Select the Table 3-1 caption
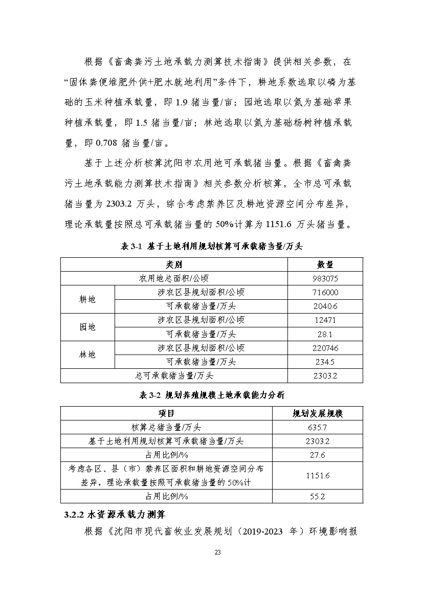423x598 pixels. [x=212, y=246]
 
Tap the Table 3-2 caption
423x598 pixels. [x=212, y=395]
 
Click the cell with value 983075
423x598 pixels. [x=325, y=279]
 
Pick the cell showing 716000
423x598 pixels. [x=325, y=293]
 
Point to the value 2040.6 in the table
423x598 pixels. [x=325, y=306]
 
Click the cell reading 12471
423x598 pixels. [x=325, y=320]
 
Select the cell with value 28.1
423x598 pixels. [x=325, y=334]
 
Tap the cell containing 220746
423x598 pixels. [x=325, y=348]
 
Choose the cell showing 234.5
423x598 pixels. [x=325, y=362]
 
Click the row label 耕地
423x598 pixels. [x=87, y=299]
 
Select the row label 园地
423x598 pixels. [x=87, y=327]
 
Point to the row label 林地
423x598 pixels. [x=87, y=355]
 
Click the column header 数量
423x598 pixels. [x=325, y=264]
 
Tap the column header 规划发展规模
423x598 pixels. [x=318, y=413]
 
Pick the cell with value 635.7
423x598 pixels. [x=318, y=427]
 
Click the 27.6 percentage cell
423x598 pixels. [x=318, y=455]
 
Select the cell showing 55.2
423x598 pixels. [x=318, y=496]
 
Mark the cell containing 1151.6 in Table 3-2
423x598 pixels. [x=318, y=475]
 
